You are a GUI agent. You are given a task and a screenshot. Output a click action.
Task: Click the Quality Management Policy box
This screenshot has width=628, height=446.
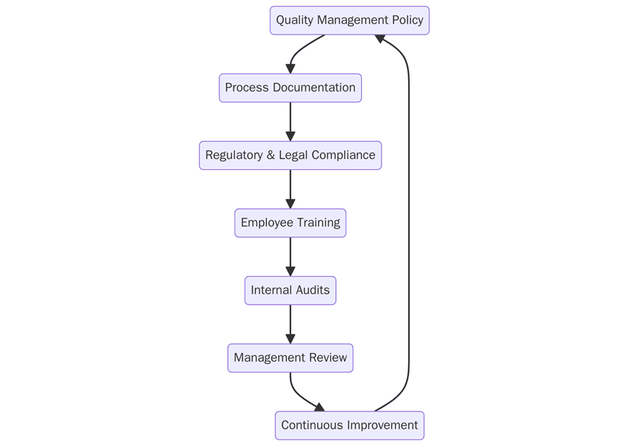(x=349, y=20)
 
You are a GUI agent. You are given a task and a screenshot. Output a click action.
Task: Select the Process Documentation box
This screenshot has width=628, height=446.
(x=290, y=88)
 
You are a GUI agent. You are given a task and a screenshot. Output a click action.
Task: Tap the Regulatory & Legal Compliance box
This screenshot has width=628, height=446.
(x=290, y=156)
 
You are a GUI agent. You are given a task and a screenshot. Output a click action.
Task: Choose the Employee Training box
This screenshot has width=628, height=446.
(x=290, y=223)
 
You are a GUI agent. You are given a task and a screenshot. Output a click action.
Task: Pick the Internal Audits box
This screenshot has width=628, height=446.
(x=290, y=290)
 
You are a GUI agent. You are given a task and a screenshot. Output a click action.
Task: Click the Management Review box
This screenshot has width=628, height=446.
(x=290, y=358)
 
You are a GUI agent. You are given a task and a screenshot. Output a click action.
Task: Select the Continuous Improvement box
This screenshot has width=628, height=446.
(x=349, y=426)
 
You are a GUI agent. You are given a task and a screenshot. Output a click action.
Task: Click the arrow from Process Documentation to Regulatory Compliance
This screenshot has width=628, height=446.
(x=290, y=121)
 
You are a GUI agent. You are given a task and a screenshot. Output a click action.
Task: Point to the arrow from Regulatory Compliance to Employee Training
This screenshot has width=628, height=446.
(x=290, y=189)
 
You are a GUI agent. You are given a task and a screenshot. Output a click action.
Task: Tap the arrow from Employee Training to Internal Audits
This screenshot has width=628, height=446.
(x=290, y=257)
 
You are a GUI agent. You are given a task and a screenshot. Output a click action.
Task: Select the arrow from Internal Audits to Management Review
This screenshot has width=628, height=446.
(x=290, y=324)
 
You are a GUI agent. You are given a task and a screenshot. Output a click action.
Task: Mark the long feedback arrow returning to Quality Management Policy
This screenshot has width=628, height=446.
(x=409, y=216)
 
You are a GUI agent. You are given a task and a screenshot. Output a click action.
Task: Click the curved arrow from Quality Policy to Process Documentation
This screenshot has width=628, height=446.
(x=299, y=49)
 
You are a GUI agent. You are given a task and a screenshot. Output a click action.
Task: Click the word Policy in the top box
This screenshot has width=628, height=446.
(x=407, y=20)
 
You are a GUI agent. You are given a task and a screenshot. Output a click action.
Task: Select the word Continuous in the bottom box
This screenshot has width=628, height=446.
(x=311, y=426)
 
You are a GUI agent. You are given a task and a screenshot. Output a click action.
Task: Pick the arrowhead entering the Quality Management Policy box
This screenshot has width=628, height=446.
(x=379, y=38)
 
